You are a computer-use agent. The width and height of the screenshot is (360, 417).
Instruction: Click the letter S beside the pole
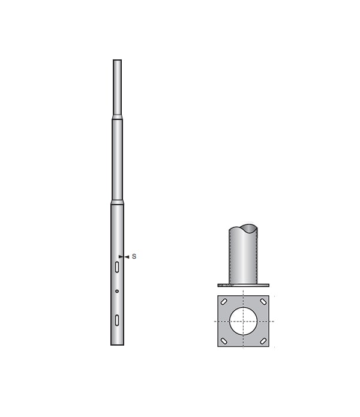[134, 257]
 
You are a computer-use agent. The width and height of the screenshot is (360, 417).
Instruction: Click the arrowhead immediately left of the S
[127, 257]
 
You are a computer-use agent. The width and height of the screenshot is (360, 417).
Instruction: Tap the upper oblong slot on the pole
[117, 267]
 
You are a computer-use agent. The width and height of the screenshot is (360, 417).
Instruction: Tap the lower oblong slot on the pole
[117, 320]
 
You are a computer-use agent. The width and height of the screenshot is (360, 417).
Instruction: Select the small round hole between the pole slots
[117, 292]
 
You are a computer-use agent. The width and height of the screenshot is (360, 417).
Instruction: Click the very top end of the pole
[117, 61]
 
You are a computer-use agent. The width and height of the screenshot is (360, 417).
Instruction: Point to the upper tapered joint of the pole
[117, 117]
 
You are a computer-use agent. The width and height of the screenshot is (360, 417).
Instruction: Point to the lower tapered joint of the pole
[117, 202]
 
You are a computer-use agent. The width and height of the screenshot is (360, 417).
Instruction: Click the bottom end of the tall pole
[117, 344]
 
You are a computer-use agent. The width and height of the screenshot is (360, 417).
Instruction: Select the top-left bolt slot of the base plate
[224, 302]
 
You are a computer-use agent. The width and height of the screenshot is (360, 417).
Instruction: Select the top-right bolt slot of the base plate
[263, 302]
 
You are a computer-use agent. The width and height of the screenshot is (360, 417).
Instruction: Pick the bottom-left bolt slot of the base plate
[224, 341]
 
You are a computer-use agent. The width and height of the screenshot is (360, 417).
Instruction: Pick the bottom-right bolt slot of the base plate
[263, 341]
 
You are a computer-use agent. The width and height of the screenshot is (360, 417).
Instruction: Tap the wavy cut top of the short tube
[243, 229]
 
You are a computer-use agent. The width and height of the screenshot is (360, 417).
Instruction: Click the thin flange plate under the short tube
[243, 285]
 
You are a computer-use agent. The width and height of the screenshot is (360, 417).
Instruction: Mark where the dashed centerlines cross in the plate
[243, 321]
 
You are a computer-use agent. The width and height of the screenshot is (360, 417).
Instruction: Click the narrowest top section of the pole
[117, 87]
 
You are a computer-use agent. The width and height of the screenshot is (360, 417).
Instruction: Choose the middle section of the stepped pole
[117, 159]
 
